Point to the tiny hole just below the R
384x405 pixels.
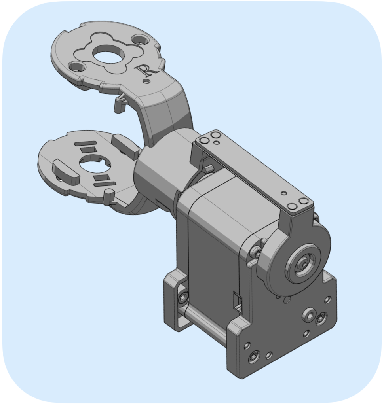tap(147, 81)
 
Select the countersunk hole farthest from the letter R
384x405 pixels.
tap(77, 66)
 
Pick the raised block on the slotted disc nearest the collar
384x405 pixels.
tap(125, 146)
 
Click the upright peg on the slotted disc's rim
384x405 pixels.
tap(108, 196)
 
